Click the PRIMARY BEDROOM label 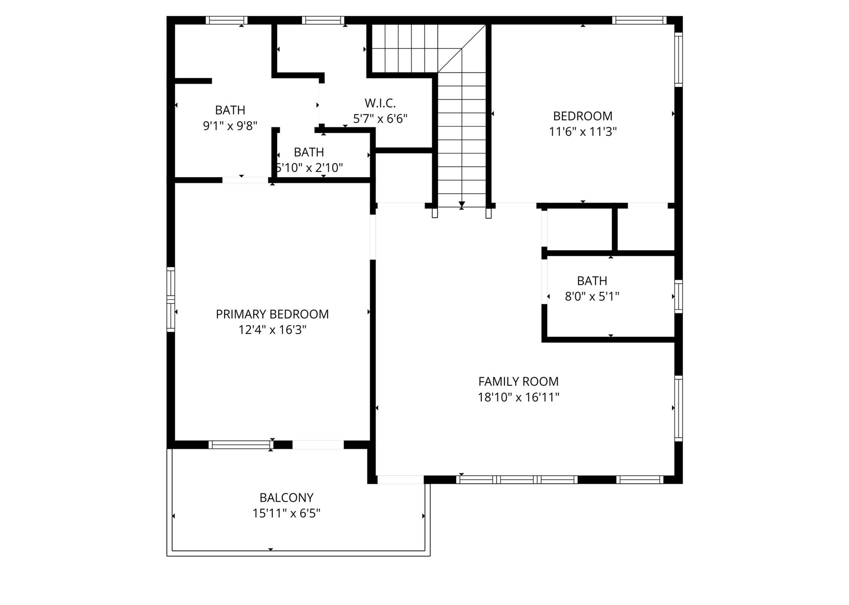pyautogui.click(x=272, y=314)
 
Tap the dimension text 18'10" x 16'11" pyautogui.click(x=518, y=397)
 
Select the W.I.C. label pyautogui.click(x=380, y=103)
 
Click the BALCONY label pyautogui.click(x=286, y=497)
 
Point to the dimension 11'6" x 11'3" pyautogui.click(x=582, y=132)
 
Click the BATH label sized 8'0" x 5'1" pyautogui.click(x=592, y=281)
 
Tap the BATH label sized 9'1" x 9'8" pyautogui.click(x=230, y=110)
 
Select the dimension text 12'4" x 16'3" pyautogui.click(x=272, y=330)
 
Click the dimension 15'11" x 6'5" pyautogui.click(x=286, y=513)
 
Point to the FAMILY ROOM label pyautogui.click(x=518, y=381)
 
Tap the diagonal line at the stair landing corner pyautogui.click(x=461, y=49)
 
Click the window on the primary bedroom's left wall pyautogui.click(x=170, y=299)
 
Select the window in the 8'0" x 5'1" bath pyautogui.click(x=678, y=296)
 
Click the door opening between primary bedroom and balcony pyautogui.click(x=318, y=445)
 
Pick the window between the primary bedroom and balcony pyautogui.click(x=240, y=445)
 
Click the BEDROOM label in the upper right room pyautogui.click(x=582, y=116)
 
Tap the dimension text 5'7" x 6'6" pyautogui.click(x=380, y=119)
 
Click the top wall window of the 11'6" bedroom pyautogui.click(x=639, y=20)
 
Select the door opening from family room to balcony pyautogui.click(x=400, y=480)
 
